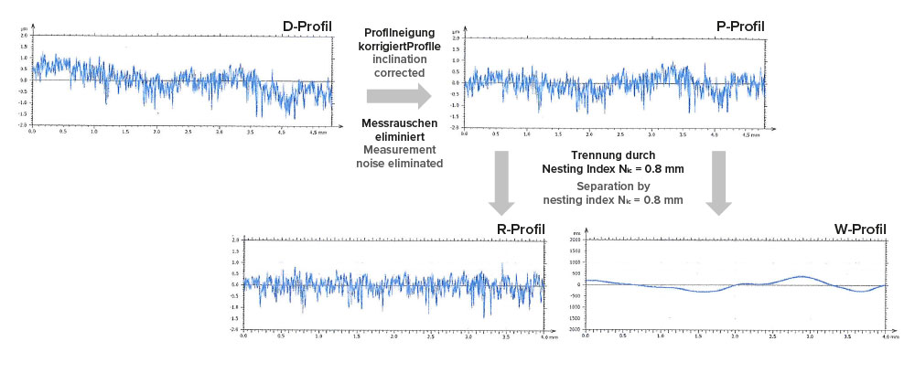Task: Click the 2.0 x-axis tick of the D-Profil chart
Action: click(156, 133)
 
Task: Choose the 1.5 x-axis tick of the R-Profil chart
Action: click(356, 337)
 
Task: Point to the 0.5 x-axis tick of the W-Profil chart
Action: click(622, 337)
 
